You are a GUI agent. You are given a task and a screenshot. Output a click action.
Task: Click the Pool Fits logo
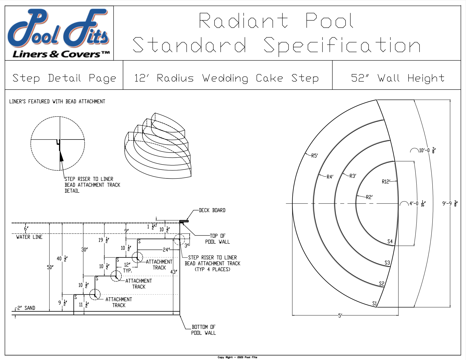click(x=59, y=33)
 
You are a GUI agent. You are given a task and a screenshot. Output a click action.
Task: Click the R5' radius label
click(x=314, y=156)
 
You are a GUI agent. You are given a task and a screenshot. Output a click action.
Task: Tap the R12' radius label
click(x=386, y=182)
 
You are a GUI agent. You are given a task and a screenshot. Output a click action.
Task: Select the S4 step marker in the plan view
click(x=390, y=241)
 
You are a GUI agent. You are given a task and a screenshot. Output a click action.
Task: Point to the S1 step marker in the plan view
click(x=375, y=303)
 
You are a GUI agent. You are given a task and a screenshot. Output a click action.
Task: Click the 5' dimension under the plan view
click(x=340, y=316)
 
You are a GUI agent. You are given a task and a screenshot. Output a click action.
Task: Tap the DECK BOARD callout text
click(x=212, y=210)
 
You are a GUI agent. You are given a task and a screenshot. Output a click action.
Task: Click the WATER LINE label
click(x=29, y=237)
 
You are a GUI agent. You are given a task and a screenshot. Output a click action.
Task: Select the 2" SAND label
click(x=26, y=308)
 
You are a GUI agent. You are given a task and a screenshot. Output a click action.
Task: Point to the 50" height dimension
click(x=50, y=267)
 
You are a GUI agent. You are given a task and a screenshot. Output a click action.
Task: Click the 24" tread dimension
click(x=166, y=250)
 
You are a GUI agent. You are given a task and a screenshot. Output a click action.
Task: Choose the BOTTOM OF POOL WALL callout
click(x=203, y=330)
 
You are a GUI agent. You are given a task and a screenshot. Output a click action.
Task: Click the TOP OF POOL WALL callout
click(x=217, y=239)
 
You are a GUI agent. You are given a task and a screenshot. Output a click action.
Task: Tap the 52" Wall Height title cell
click(x=397, y=78)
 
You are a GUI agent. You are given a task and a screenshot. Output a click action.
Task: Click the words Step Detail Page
click(x=64, y=78)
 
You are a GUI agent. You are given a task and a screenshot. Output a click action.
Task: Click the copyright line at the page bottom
click(x=237, y=357)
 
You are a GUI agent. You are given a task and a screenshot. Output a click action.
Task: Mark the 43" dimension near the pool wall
click(x=173, y=272)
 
